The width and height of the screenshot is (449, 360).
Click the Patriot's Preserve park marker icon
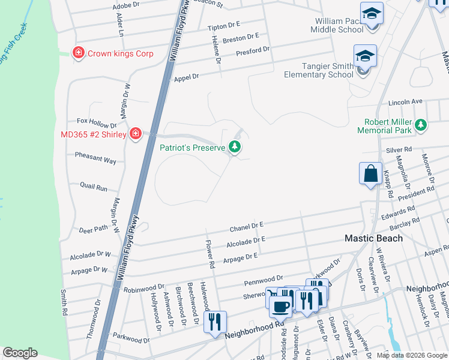235,147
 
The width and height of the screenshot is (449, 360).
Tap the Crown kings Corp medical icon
77,53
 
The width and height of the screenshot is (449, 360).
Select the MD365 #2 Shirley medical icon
136,134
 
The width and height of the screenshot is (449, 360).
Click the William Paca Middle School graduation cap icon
372,13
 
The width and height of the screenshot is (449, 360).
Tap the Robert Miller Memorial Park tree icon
421,125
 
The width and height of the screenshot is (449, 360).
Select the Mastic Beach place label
373,238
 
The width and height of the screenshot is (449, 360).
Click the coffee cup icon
280,306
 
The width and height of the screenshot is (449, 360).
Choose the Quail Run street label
94,187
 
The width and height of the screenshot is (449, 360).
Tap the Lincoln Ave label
405,102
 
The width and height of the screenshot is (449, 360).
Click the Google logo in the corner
20,353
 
